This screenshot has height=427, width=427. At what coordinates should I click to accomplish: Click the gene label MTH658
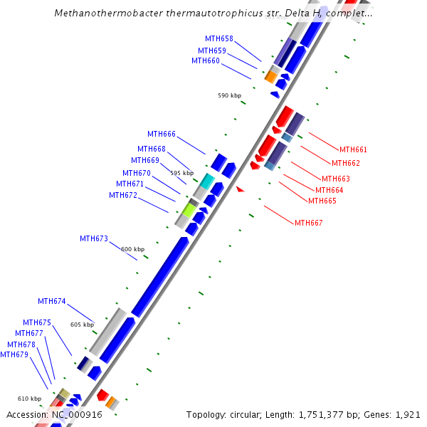pos(218,38)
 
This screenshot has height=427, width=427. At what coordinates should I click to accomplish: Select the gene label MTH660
pos(205,60)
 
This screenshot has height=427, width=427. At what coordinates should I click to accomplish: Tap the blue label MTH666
pos(161,134)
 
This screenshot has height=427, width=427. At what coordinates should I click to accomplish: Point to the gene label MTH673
pos(93,238)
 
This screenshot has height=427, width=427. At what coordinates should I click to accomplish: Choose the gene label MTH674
pos(51,301)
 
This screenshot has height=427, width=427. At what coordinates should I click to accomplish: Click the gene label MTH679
pos(14,354)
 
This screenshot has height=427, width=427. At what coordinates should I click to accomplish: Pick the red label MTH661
pos(353,149)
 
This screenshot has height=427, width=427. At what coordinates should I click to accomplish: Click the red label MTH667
pos(308,223)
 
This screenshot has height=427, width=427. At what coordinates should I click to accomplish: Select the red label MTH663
pos(335,179)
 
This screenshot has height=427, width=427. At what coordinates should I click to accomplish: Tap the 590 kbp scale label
pos(229,95)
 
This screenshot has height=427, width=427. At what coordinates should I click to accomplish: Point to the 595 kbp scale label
pos(181,173)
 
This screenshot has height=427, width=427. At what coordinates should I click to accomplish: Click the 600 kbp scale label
pos(132,249)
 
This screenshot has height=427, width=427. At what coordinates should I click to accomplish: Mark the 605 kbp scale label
pos(82,325)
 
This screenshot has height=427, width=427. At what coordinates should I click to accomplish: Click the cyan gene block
pos(206,181)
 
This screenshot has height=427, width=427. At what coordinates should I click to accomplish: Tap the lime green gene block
pos(189,209)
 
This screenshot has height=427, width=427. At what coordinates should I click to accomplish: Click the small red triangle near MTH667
pos(240,189)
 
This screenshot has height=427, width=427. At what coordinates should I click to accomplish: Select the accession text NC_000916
pos(76,414)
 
